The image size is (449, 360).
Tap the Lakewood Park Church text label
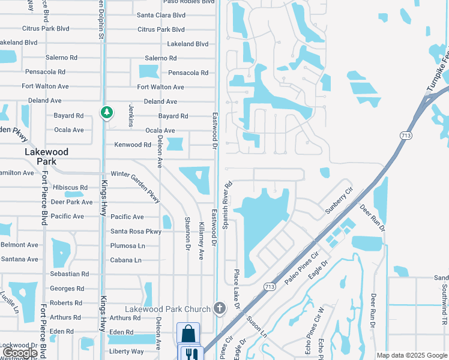(x=172, y=309)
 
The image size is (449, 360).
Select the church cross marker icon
(x=220, y=309)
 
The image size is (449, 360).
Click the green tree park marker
(x=107, y=112)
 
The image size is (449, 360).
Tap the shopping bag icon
(x=188, y=334)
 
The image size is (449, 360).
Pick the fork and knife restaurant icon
(x=191, y=354)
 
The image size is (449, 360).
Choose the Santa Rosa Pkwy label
(x=136, y=231)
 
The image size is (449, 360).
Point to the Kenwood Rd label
(x=133, y=145)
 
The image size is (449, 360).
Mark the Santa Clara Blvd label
(x=161, y=15)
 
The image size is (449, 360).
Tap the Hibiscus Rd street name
(x=70, y=188)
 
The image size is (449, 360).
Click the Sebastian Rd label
(x=70, y=274)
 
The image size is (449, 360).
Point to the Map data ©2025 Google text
(x=412, y=355)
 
